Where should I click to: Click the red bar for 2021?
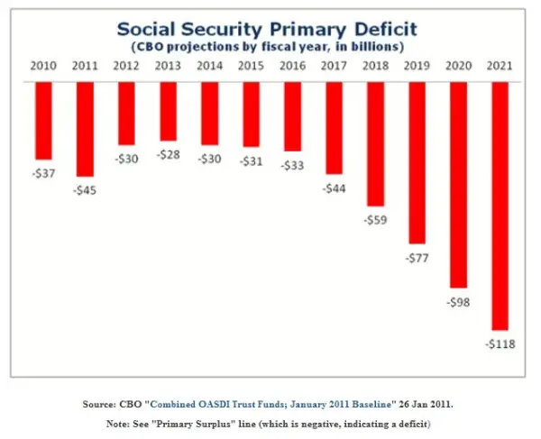tap(500, 206)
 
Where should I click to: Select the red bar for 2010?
tap(44, 120)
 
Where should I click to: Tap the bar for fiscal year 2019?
tap(417, 162)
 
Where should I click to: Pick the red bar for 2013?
tap(169, 111)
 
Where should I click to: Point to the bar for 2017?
tap(335, 127)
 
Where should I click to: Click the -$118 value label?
tap(500, 343)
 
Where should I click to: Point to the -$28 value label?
tap(169, 154)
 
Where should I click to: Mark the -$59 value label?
tap(375, 218)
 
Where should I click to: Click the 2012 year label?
tap(127, 66)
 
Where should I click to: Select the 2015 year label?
tap(252, 66)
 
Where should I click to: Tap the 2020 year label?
tap(458, 66)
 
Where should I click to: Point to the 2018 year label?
tap(375, 66)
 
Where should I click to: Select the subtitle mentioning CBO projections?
tap(271, 45)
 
